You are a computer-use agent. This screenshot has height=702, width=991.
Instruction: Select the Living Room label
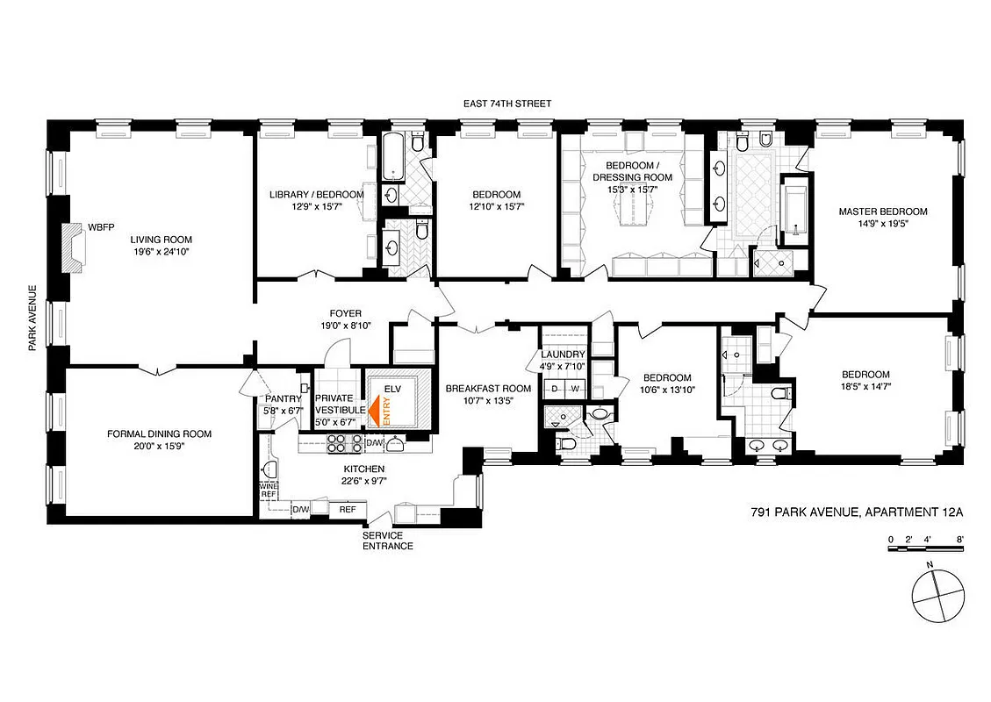[x=162, y=240]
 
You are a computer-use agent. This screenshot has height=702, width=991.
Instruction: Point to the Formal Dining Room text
[x=159, y=433]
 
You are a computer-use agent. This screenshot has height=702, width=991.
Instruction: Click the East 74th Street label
[x=507, y=104]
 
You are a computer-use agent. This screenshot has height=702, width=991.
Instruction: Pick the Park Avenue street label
[x=32, y=318]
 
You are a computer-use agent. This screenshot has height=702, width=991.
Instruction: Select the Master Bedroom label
[x=882, y=211]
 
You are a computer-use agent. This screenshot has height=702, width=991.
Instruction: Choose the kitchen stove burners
[x=338, y=444]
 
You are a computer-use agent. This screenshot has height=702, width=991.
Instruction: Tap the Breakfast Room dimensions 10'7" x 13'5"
[x=488, y=402]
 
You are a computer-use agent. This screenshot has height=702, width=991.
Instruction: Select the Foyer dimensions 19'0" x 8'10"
[x=345, y=326]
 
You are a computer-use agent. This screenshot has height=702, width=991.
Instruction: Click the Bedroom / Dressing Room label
[x=638, y=171]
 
